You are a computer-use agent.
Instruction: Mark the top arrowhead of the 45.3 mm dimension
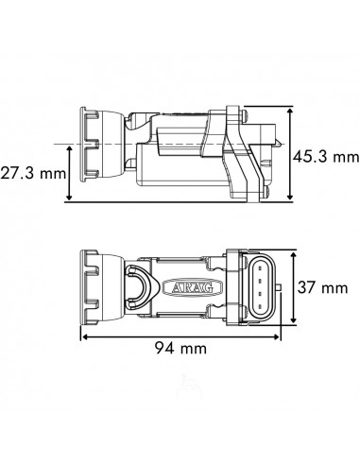coord(289,111)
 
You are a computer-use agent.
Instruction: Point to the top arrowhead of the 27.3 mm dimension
coord(70,147)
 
